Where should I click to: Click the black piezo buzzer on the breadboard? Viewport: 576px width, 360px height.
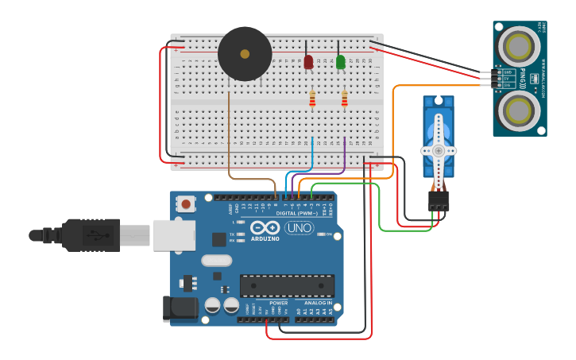(x=245, y=54)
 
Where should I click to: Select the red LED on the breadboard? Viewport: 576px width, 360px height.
(x=308, y=62)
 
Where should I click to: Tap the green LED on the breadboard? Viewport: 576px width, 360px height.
(x=341, y=62)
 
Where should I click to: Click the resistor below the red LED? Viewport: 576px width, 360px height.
(x=311, y=99)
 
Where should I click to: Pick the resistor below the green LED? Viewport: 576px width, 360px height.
(x=344, y=99)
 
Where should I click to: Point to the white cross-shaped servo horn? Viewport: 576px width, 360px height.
(x=438, y=150)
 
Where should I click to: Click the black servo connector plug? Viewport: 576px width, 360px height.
(x=439, y=200)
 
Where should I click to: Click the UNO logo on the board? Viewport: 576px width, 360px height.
(x=299, y=228)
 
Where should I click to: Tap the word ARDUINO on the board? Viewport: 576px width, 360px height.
(x=265, y=238)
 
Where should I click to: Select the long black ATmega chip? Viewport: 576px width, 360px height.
(x=287, y=286)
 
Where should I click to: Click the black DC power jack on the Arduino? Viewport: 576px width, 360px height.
(x=179, y=310)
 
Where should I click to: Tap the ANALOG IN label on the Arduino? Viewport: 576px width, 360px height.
(x=317, y=303)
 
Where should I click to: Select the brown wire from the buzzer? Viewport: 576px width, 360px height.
(x=230, y=135)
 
